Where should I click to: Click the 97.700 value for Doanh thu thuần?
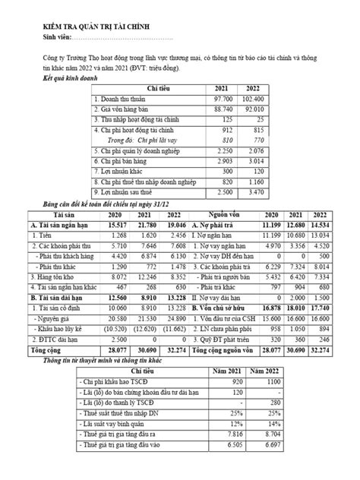tap(221, 100)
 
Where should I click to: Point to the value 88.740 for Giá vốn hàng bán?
tap(221, 110)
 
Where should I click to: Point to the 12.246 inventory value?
tap(147, 279)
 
